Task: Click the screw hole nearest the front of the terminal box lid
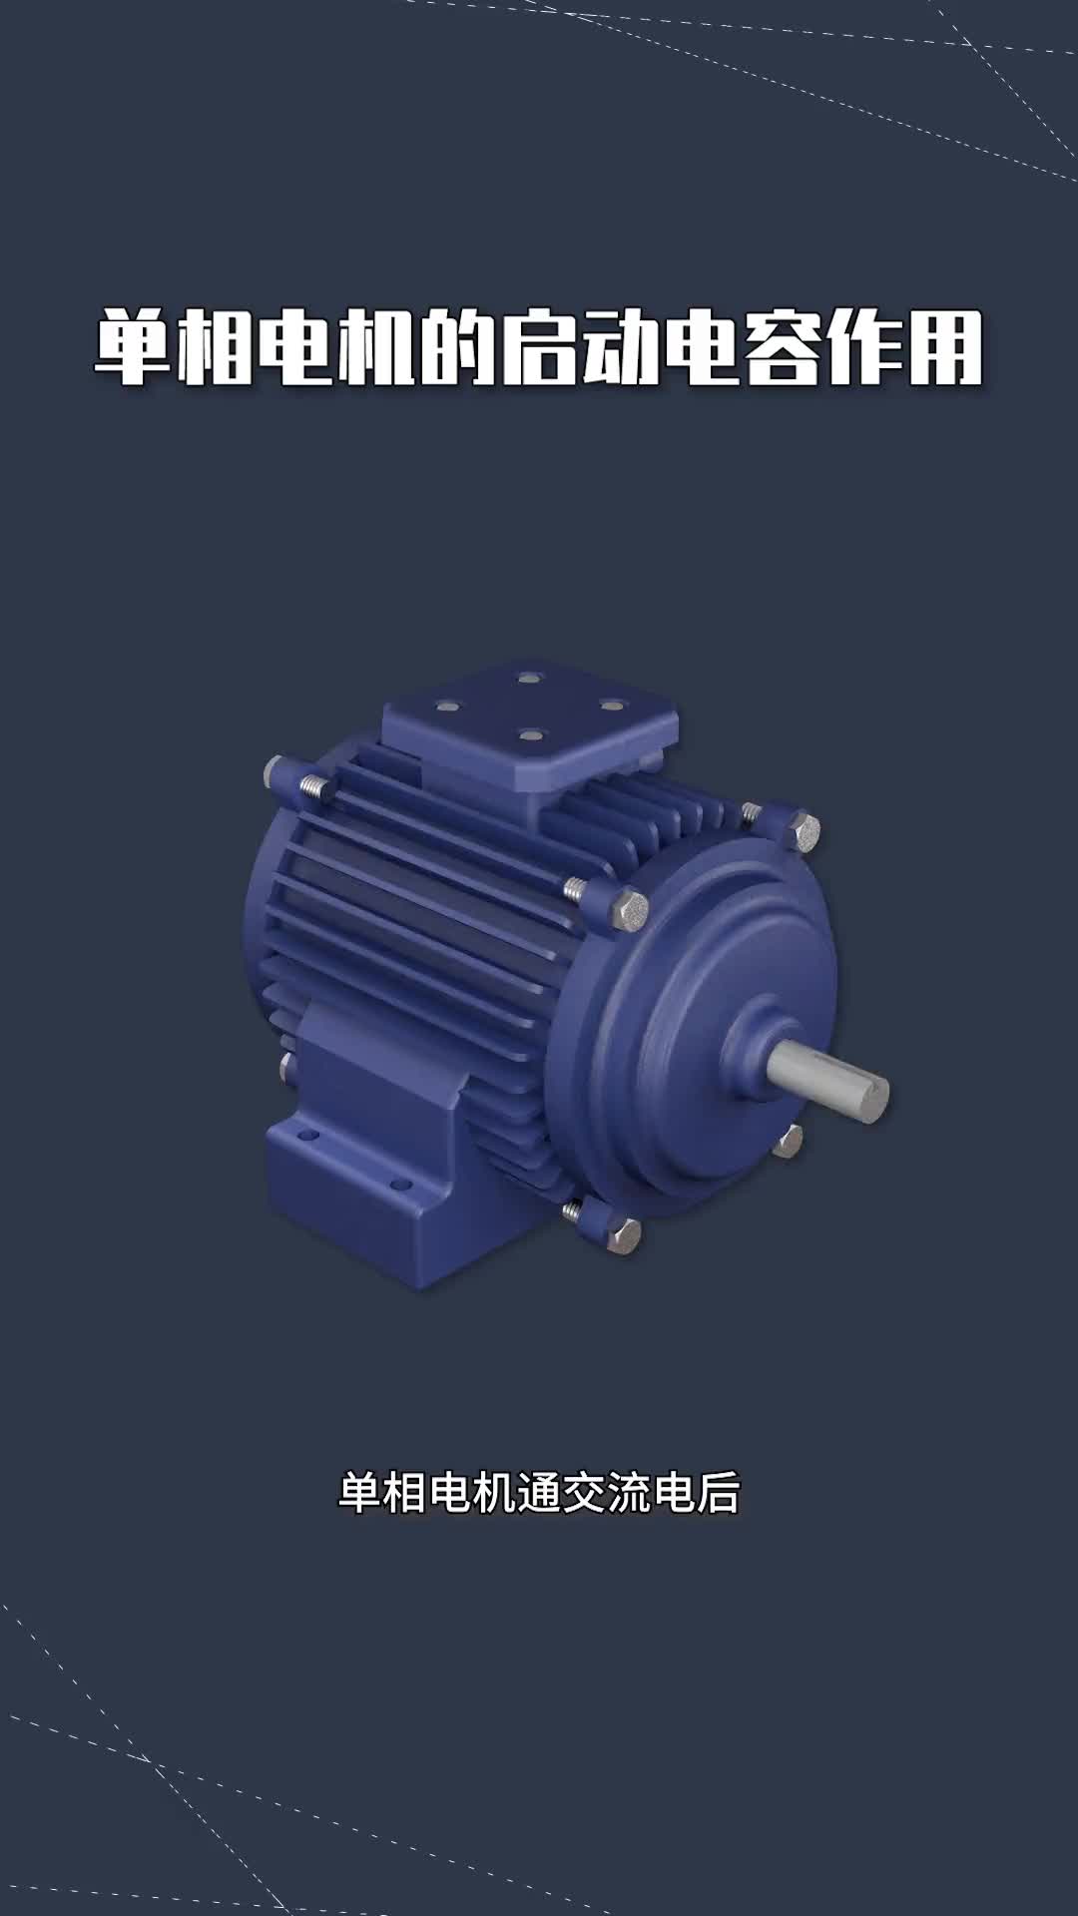coord(530,735)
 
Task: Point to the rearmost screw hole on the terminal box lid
coord(529,678)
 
